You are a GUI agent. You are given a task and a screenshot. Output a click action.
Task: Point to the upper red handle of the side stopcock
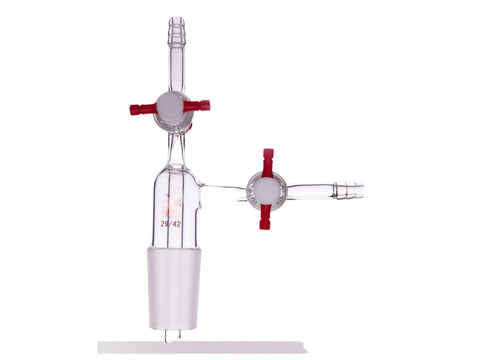(x=268, y=162)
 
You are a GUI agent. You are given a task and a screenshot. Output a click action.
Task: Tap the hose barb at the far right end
(x=351, y=188)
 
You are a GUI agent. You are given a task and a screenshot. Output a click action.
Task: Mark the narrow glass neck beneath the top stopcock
(x=175, y=149)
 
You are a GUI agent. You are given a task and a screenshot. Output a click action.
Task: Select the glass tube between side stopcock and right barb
(x=313, y=188)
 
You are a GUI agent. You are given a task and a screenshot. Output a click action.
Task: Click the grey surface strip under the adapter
(x=200, y=347)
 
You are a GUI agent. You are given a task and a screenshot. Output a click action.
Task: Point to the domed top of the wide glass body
(x=175, y=172)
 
